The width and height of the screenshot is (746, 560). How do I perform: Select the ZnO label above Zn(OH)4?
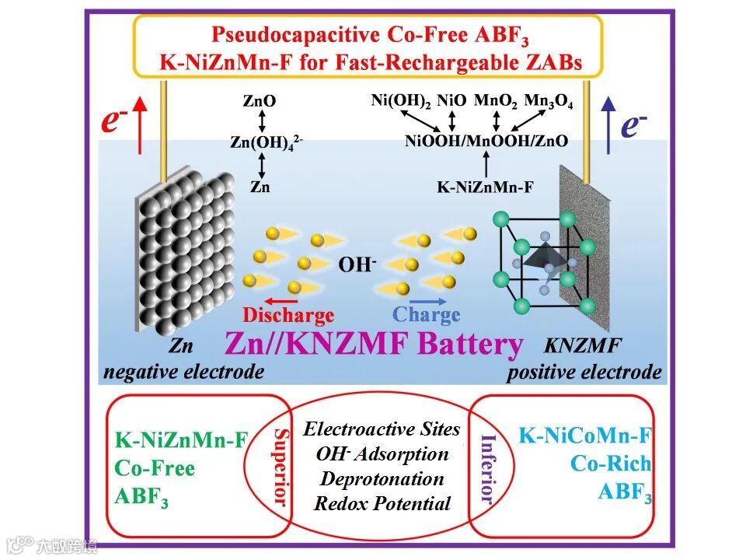[260, 100]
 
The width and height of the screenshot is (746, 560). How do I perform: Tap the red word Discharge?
[288, 315]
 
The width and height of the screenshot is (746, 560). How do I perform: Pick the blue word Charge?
[426, 315]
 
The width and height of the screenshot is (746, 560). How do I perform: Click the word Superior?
[281, 467]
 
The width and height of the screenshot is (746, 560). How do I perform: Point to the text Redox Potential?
[382, 503]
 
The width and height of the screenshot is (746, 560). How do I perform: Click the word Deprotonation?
[382, 478]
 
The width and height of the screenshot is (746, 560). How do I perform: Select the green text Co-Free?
[155, 468]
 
